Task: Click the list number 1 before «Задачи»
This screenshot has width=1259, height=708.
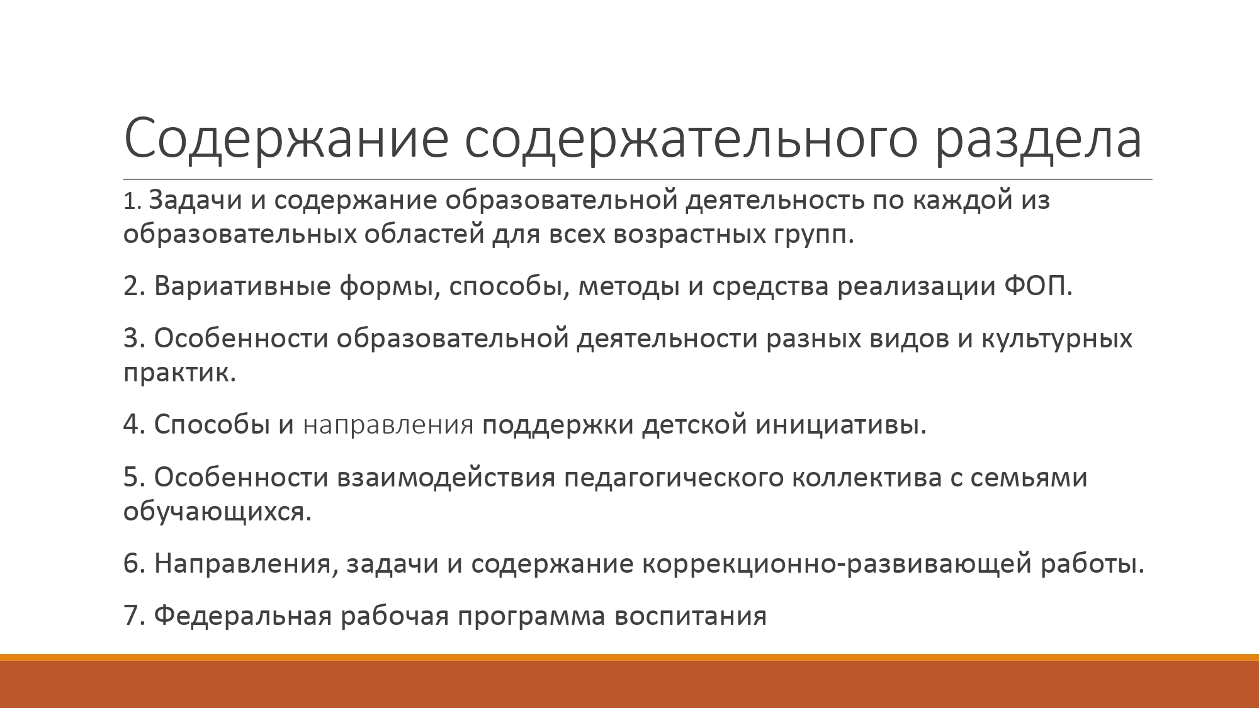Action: tap(130, 201)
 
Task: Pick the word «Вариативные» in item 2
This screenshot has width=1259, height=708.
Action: tap(242, 286)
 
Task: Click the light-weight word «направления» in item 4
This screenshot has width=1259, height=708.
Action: tap(388, 425)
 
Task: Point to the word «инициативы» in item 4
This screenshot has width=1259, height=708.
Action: tap(841, 425)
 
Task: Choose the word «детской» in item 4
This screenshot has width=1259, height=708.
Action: tap(694, 425)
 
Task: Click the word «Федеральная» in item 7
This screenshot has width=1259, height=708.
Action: tap(242, 615)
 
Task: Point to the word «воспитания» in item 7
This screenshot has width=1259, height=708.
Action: tap(691, 615)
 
